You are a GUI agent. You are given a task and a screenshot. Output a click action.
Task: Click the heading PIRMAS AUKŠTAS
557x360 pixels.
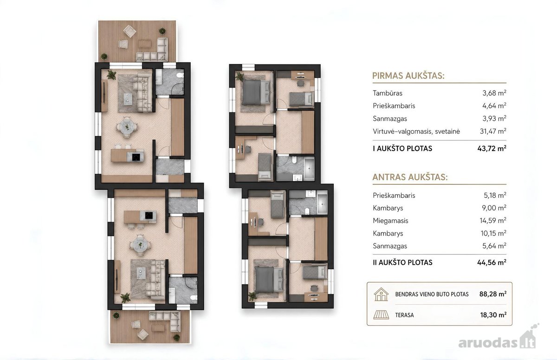click(x=408, y=76)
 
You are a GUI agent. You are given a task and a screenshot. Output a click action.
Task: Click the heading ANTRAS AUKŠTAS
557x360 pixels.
click(x=410, y=177)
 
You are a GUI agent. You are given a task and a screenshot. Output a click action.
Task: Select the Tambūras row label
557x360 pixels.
click(x=388, y=93)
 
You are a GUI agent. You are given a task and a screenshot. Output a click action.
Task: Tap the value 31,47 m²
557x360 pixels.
click(x=493, y=131)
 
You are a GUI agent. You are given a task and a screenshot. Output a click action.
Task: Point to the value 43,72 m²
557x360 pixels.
click(x=492, y=149)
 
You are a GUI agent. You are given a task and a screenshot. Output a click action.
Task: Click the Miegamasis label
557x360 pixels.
click(x=390, y=221)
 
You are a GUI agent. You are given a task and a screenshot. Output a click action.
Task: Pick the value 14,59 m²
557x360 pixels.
click(x=493, y=221)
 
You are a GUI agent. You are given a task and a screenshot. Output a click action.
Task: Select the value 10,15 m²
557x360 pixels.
click(x=493, y=233)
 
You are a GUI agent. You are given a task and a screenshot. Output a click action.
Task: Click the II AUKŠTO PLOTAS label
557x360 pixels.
click(x=402, y=262)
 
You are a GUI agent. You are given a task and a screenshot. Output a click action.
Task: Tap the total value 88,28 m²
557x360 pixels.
click(x=493, y=294)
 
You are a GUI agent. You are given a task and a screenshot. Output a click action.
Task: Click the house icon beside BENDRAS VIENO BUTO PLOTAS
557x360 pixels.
click(x=381, y=295)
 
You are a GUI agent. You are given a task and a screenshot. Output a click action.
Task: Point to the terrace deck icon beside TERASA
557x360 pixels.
click(x=381, y=315)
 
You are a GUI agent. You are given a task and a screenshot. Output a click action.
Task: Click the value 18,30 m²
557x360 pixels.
click(x=493, y=315)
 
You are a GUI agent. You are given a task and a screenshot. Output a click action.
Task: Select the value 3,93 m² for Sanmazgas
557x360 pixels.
click(x=494, y=118)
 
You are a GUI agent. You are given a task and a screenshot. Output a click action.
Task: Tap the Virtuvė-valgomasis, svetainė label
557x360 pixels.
click(x=416, y=131)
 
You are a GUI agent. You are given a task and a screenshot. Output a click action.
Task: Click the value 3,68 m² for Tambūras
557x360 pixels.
click(x=494, y=93)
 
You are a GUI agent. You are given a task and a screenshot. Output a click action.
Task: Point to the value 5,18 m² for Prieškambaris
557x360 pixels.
click(x=495, y=195)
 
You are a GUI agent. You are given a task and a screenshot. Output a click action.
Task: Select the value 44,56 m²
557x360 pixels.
click(x=492, y=262)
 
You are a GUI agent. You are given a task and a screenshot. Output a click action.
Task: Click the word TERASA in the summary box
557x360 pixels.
click(x=405, y=315)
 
